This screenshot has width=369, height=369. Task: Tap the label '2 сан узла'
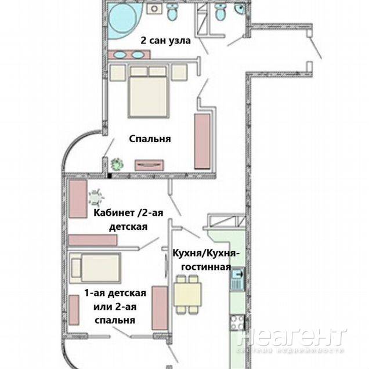(x=166, y=41)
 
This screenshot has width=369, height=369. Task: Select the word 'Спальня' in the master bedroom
(x=150, y=139)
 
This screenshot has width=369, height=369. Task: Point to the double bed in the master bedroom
(x=149, y=92)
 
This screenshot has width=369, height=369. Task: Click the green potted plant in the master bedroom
(x=117, y=164)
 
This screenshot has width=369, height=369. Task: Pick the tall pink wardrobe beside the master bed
(x=202, y=141)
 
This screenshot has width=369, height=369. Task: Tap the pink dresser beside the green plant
(x=149, y=165)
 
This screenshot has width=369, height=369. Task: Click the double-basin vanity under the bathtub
(x=129, y=55)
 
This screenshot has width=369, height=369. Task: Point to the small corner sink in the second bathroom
(x=240, y=9)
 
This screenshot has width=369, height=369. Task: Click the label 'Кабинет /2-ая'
(x=128, y=213)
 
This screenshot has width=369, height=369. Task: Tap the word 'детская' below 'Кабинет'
(x=128, y=227)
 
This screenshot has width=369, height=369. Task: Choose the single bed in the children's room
(x=95, y=268)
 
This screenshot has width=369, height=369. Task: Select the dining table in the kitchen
(x=187, y=294)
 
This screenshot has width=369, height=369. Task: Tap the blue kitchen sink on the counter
(x=238, y=279)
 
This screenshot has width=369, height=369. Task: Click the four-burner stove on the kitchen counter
(x=237, y=323)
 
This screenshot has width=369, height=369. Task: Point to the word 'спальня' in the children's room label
(x=115, y=320)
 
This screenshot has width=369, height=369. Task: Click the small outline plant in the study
(x=96, y=197)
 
